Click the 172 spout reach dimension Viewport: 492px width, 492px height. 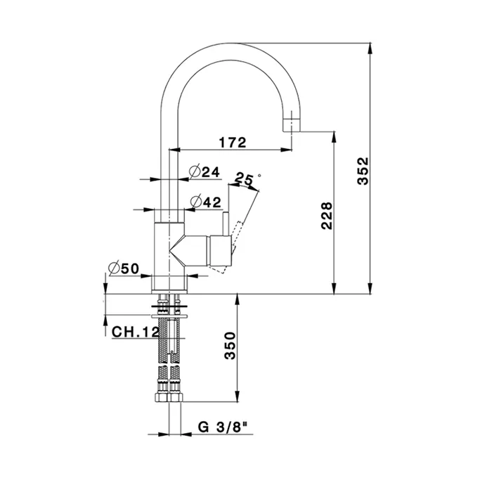coord(233,143)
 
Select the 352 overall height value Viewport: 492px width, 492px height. coord(363,171)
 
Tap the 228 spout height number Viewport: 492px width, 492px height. coord(327,216)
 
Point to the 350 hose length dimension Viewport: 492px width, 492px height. coord(231,346)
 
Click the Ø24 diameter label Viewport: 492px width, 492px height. coord(205,171)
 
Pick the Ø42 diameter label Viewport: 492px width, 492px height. coord(205,202)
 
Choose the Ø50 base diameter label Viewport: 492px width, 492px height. coord(124,268)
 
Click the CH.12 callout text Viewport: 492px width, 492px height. coord(136,332)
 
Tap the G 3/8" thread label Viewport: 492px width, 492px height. coord(223,427)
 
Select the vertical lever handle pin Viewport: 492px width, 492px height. coord(226,224)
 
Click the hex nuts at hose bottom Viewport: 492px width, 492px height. coord(169,398)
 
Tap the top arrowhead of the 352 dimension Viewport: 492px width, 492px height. coord(371,48)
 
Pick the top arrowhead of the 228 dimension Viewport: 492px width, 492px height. coord(335,137)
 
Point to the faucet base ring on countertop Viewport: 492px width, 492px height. coord(169,284)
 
